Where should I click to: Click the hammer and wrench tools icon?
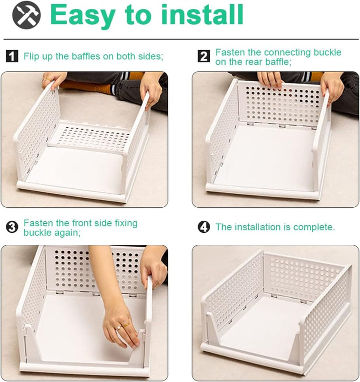pyautogui.click(x=26, y=15)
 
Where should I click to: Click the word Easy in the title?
pyautogui.click(x=82, y=15)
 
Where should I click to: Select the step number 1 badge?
pyautogui.click(x=12, y=56)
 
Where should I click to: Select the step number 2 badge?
pyautogui.click(x=203, y=56)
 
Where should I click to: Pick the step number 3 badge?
pyautogui.click(x=12, y=227)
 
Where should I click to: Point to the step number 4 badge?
pyautogui.click(x=203, y=227)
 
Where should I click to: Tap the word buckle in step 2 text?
pyautogui.click(x=327, y=52)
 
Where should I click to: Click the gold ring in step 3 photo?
pyautogui.click(x=126, y=325)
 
